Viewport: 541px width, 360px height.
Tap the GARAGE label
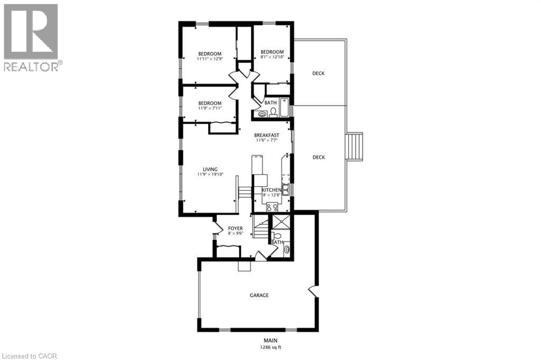pyautogui.click(x=259, y=295)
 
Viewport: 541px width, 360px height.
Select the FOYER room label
pyautogui.click(x=236, y=228)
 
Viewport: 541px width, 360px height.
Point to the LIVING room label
pyautogui.click(x=203, y=169)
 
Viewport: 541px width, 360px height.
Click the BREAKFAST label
pyautogui.click(x=266, y=135)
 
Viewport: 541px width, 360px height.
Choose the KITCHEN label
pyautogui.click(x=272, y=190)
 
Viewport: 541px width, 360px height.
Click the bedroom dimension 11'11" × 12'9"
pyautogui.click(x=210, y=59)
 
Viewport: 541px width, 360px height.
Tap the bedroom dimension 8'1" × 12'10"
pyautogui.click(x=273, y=57)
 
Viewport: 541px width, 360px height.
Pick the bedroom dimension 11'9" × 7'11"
pyautogui.click(x=209, y=108)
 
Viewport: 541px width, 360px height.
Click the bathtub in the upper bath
pyautogui.click(x=285, y=108)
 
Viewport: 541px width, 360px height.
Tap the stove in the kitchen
pyautogui.click(x=273, y=207)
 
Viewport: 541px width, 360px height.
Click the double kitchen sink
pyautogui.click(x=285, y=189)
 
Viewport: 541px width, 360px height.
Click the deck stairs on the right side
pyautogui.click(x=355, y=146)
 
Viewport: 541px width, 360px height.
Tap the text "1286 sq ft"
pyautogui.click(x=270, y=348)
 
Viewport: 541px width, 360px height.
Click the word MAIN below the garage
pyautogui.click(x=270, y=340)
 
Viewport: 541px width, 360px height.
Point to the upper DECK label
pyautogui.click(x=318, y=73)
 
